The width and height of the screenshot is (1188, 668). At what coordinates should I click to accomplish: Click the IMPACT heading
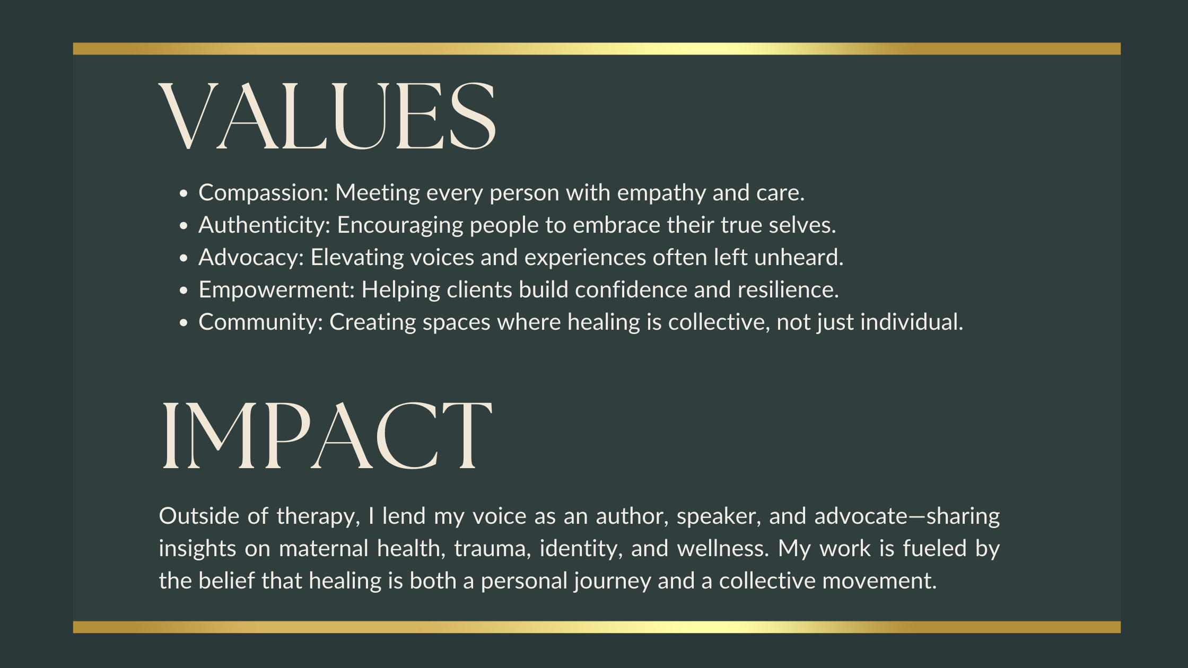(326, 435)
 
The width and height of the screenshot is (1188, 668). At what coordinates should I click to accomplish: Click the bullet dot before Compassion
(184, 194)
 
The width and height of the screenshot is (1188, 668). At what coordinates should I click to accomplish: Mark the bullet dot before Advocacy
(184, 259)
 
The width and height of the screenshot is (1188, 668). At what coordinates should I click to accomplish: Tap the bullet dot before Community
(184, 323)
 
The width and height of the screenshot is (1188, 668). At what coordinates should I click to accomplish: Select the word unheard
(799, 258)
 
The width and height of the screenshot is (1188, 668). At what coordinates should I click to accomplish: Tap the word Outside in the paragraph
(199, 516)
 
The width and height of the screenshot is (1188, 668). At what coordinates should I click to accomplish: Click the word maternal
(324, 548)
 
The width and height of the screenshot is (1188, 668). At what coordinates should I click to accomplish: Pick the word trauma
(493, 549)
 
